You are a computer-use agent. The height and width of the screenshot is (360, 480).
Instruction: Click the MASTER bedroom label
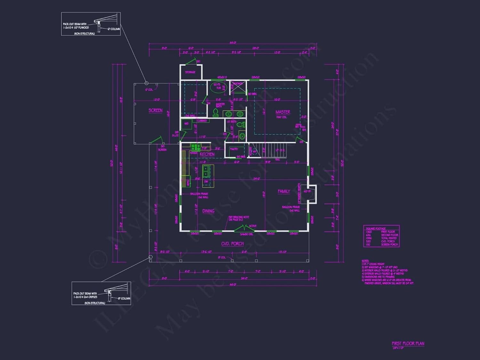coord(283,112)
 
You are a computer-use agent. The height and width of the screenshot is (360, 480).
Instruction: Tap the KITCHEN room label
coord(207,154)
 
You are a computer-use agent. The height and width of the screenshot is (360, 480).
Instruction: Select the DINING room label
coord(208,211)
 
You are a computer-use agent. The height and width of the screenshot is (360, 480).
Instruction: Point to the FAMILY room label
coord(284,191)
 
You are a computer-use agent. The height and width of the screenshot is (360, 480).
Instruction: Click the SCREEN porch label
coord(156,110)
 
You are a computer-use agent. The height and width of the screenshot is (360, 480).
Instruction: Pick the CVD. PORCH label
coord(232,244)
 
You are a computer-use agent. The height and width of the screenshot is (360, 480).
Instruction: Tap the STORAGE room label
coord(190,72)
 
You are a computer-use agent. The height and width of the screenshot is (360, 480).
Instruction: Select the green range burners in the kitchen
coord(196,147)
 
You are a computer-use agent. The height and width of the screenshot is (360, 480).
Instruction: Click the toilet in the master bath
coord(216,112)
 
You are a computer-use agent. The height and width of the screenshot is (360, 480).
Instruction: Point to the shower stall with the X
coord(238,86)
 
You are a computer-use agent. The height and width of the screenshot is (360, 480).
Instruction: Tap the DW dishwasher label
coord(206,182)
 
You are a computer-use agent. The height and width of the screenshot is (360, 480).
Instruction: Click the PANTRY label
coord(234,149)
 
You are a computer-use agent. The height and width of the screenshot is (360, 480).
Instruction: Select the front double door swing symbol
coord(244,228)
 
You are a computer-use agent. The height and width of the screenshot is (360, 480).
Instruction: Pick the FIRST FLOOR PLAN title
coord(408,344)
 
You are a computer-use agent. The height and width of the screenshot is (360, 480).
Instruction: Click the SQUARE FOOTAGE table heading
coord(376,228)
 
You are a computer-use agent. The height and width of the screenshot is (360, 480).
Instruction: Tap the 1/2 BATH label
coord(231,122)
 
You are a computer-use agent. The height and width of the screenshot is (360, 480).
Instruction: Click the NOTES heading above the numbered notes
coord(365,261)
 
